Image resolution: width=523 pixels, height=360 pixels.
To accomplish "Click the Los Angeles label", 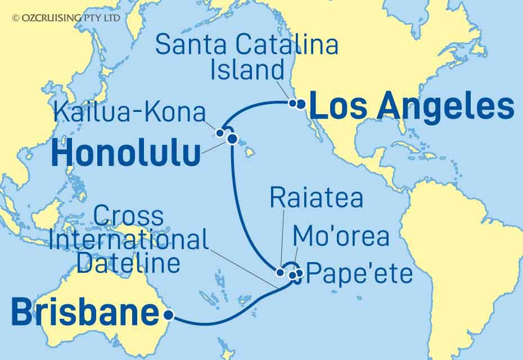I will (x=412, y=107).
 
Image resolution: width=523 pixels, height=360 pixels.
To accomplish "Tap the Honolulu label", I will (x=125, y=153).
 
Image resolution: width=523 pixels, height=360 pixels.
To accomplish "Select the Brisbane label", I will (x=84, y=313).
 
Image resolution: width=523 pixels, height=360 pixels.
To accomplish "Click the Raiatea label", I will (x=316, y=199).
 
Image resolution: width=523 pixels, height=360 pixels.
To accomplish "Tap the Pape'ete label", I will (x=361, y=275).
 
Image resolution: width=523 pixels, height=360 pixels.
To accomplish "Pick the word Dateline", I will (x=129, y=263).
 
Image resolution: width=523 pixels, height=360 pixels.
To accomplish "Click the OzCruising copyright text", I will (x=66, y=18).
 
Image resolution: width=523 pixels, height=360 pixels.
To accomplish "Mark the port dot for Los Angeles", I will (x=301, y=103).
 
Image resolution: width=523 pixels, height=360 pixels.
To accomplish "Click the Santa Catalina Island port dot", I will (x=292, y=103).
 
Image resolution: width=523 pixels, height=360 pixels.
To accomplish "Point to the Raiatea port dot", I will (x=280, y=273).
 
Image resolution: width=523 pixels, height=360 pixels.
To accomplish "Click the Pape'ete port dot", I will (x=299, y=273).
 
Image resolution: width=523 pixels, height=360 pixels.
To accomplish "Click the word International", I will (x=129, y=240).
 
